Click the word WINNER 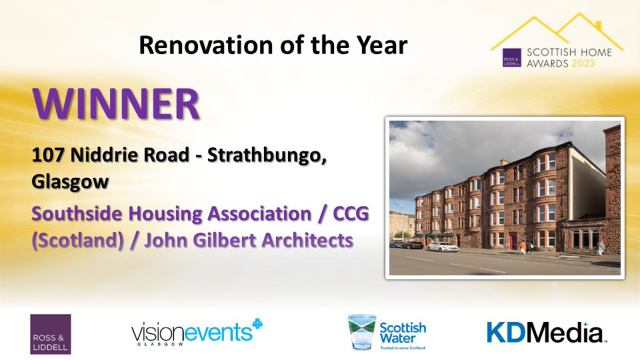[116, 106]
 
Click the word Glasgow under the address [70, 181]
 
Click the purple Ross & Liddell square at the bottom [51, 334]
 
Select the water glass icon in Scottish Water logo [362, 331]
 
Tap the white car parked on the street [443, 247]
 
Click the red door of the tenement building [513, 241]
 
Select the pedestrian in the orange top [523, 246]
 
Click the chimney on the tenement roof [504, 162]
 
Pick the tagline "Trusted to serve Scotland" [403, 347]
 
